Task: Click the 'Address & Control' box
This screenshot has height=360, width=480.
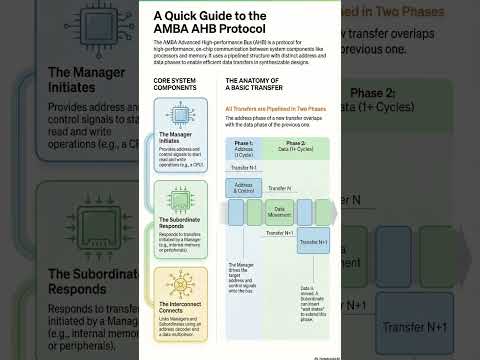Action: tap(245, 187)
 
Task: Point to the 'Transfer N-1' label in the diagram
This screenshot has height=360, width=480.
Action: tap(244, 168)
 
